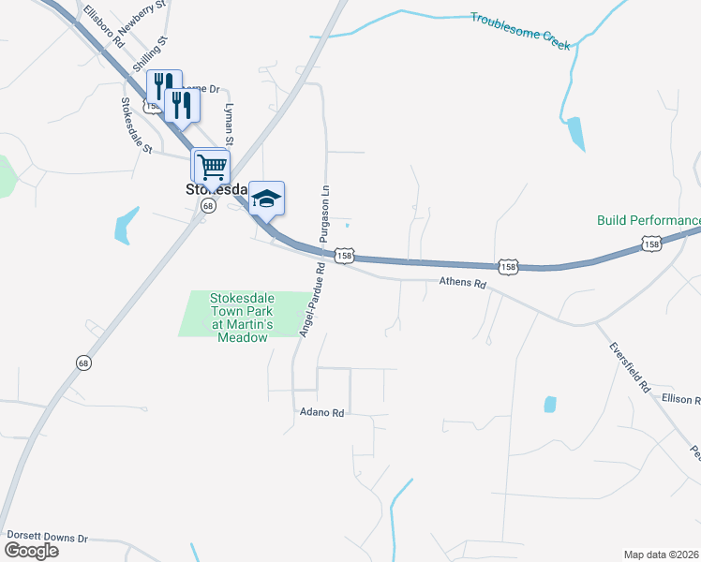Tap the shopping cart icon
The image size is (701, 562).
[212, 166]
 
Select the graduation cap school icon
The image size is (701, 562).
[266, 198]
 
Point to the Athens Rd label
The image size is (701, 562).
[464, 283]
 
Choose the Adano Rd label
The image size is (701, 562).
[322, 412]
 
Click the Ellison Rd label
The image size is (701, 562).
[680, 399]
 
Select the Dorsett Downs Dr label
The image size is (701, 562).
[47, 538]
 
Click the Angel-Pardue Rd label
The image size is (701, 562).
[310, 299]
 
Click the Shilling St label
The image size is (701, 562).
[150, 54]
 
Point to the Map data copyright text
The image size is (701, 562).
[662, 554]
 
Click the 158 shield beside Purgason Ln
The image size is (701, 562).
[346, 256]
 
